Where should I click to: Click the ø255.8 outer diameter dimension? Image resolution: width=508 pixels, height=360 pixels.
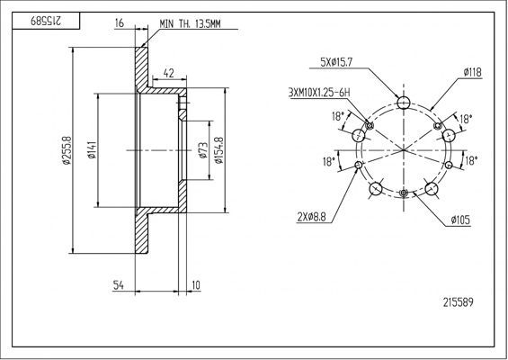pos(67,150)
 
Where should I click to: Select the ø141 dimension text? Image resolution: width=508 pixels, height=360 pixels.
pos(92,149)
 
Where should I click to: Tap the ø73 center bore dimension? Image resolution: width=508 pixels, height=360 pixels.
pos(203,150)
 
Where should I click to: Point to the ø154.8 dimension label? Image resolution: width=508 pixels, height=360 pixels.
pos(219,150)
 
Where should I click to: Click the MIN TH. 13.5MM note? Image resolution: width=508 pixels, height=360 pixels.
pos(191,23)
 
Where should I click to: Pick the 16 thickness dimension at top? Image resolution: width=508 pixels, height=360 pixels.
pos(120,23)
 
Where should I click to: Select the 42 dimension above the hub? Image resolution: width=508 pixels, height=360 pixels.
pos(169,73)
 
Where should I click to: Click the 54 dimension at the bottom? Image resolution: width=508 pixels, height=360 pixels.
pos(119,285)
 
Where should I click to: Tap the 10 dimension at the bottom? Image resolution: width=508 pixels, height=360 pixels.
pos(196,285)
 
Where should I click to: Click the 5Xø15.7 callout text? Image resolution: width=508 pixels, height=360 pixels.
pos(336,63)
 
